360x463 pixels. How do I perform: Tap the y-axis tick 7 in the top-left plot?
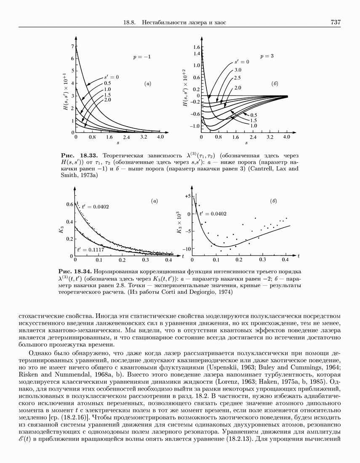pos(72,46)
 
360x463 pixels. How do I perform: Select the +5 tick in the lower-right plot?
pos(188,196)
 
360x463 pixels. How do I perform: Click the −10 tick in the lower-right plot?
pos(187,249)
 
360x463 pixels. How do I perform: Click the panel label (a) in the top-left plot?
pos(148,84)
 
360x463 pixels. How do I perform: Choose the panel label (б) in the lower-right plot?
pos(274,202)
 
